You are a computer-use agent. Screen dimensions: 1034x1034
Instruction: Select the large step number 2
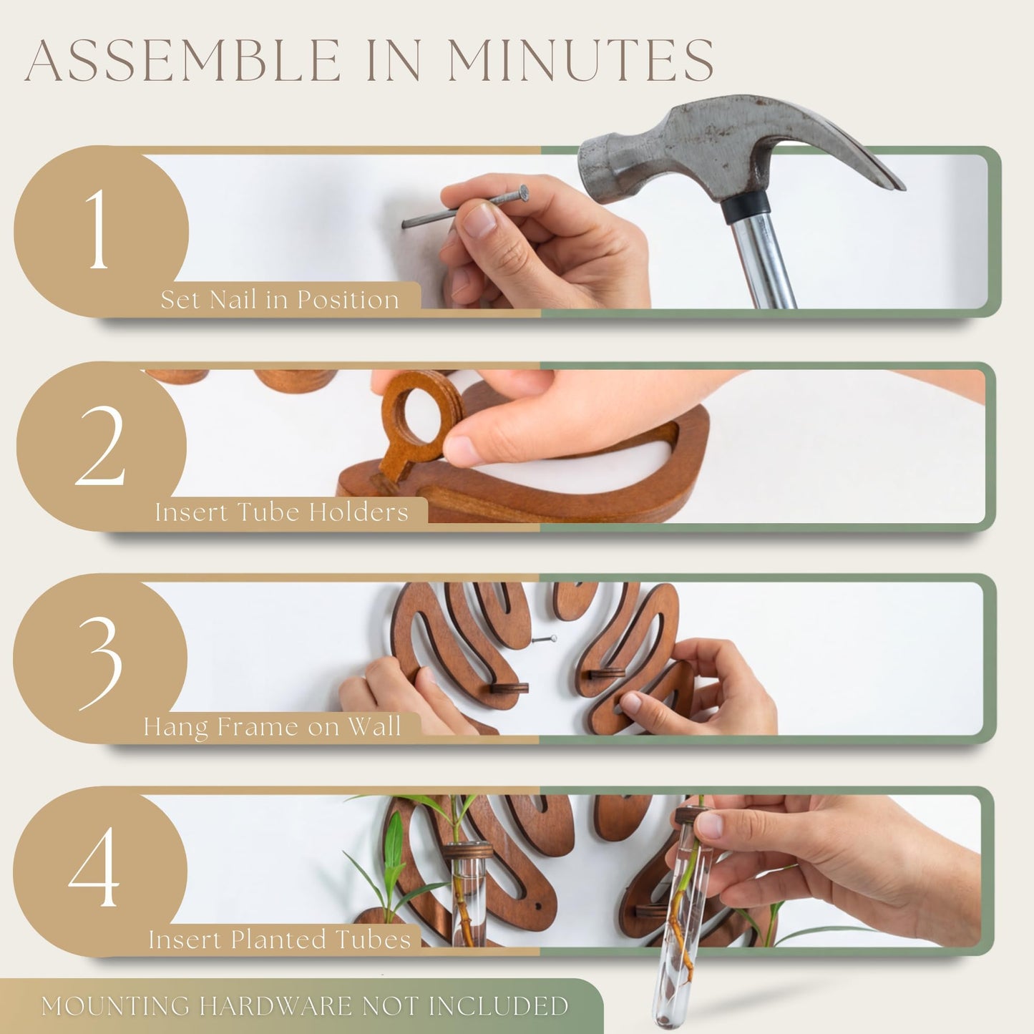[x=100, y=445]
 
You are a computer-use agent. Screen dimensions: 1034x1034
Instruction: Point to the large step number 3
[x=101, y=663]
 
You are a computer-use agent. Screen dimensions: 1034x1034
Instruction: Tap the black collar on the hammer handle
[x=745, y=209]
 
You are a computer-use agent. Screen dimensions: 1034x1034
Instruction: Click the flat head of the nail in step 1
[x=523, y=192]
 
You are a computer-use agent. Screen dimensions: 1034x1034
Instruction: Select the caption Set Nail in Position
[x=280, y=299]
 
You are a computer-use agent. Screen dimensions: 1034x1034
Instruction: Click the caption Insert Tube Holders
[x=282, y=512]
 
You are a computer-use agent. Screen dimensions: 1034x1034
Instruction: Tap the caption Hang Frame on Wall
[x=272, y=726]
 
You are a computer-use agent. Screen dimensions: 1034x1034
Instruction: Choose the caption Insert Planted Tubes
[x=280, y=939]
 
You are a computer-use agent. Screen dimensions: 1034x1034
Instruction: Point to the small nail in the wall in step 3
[x=544, y=639]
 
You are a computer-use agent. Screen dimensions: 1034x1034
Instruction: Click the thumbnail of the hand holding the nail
[x=479, y=220]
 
